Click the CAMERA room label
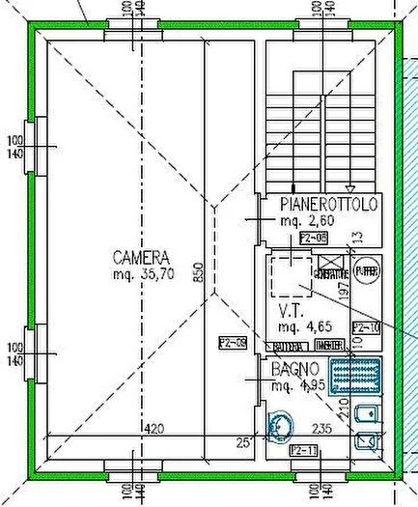coord(141,258)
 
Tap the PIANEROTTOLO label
coord(328,205)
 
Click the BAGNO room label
coord(294,370)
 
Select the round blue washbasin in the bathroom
coord(282,425)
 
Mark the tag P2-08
coord(314,237)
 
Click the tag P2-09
coord(233,343)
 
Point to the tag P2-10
coord(366,328)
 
